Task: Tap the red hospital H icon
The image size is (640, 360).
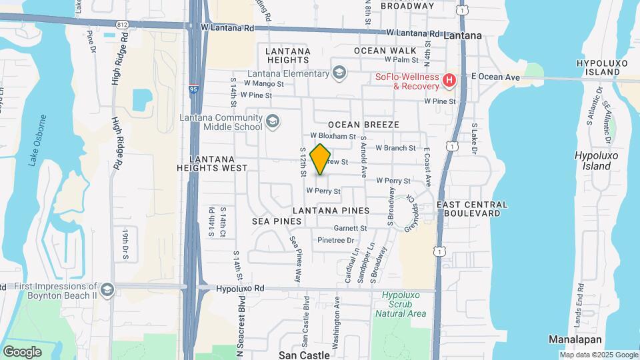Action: coord(449,81)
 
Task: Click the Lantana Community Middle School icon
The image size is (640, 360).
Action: coord(272,121)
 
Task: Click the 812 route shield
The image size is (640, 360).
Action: coord(122,25)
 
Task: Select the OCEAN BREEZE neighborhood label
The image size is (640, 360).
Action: coord(363,125)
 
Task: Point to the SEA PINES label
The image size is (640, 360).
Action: coord(273,220)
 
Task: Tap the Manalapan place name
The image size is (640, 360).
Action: coord(571,339)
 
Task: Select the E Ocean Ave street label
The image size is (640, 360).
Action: coord(495,77)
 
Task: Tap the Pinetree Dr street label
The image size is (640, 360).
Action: coord(334,240)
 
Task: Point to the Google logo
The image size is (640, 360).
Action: coord(22,351)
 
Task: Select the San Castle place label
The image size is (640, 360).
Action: coord(304,355)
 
